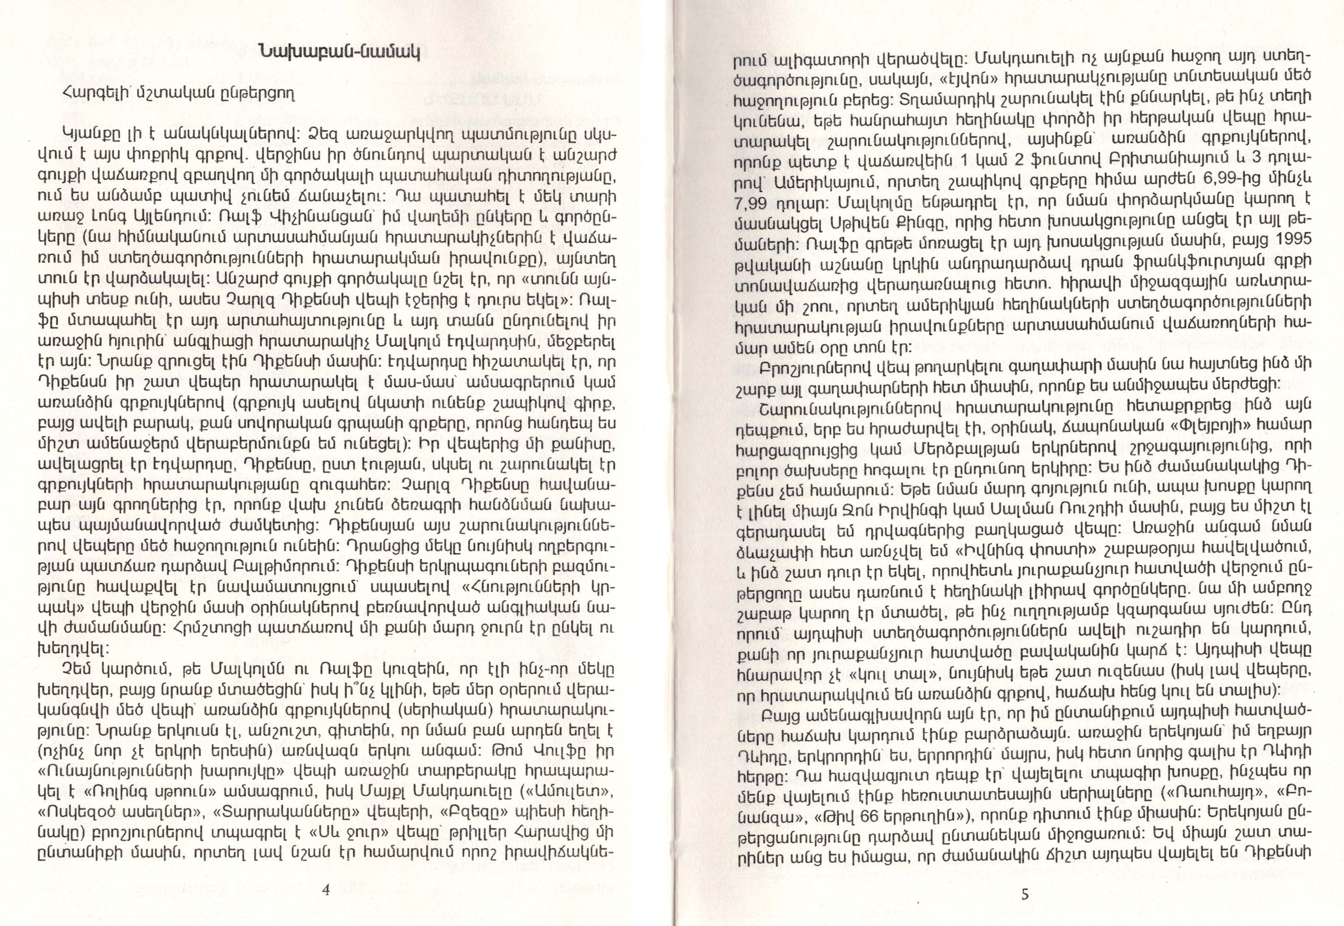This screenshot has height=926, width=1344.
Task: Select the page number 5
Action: pyautogui.click(x=1024, y=894)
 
